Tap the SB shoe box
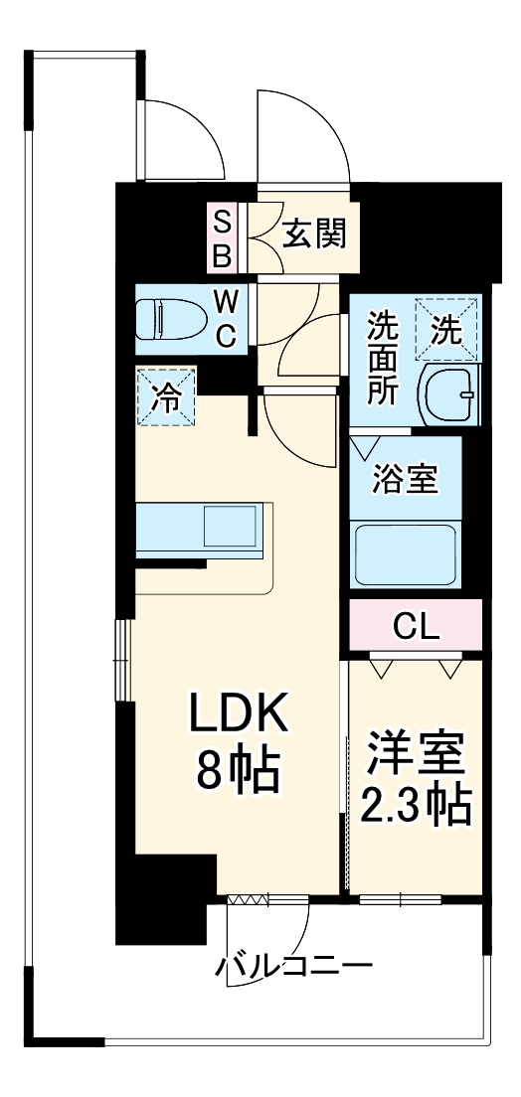point(223,237)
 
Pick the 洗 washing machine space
point(446,329)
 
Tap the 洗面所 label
point(382,357)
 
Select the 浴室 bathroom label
point(404,479)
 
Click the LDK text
point(239,714)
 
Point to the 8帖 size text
point(239,770)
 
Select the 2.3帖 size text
point(416,806)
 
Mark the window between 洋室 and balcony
point(400,899)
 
